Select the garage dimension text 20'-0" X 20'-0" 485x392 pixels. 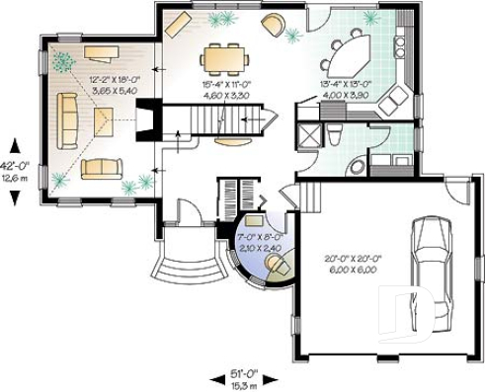point(353,260)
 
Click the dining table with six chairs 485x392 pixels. point(223,60)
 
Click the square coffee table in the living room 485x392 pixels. point(104,121)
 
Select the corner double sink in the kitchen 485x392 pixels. point(397,97)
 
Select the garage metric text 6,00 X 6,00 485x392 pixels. point(353,271)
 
